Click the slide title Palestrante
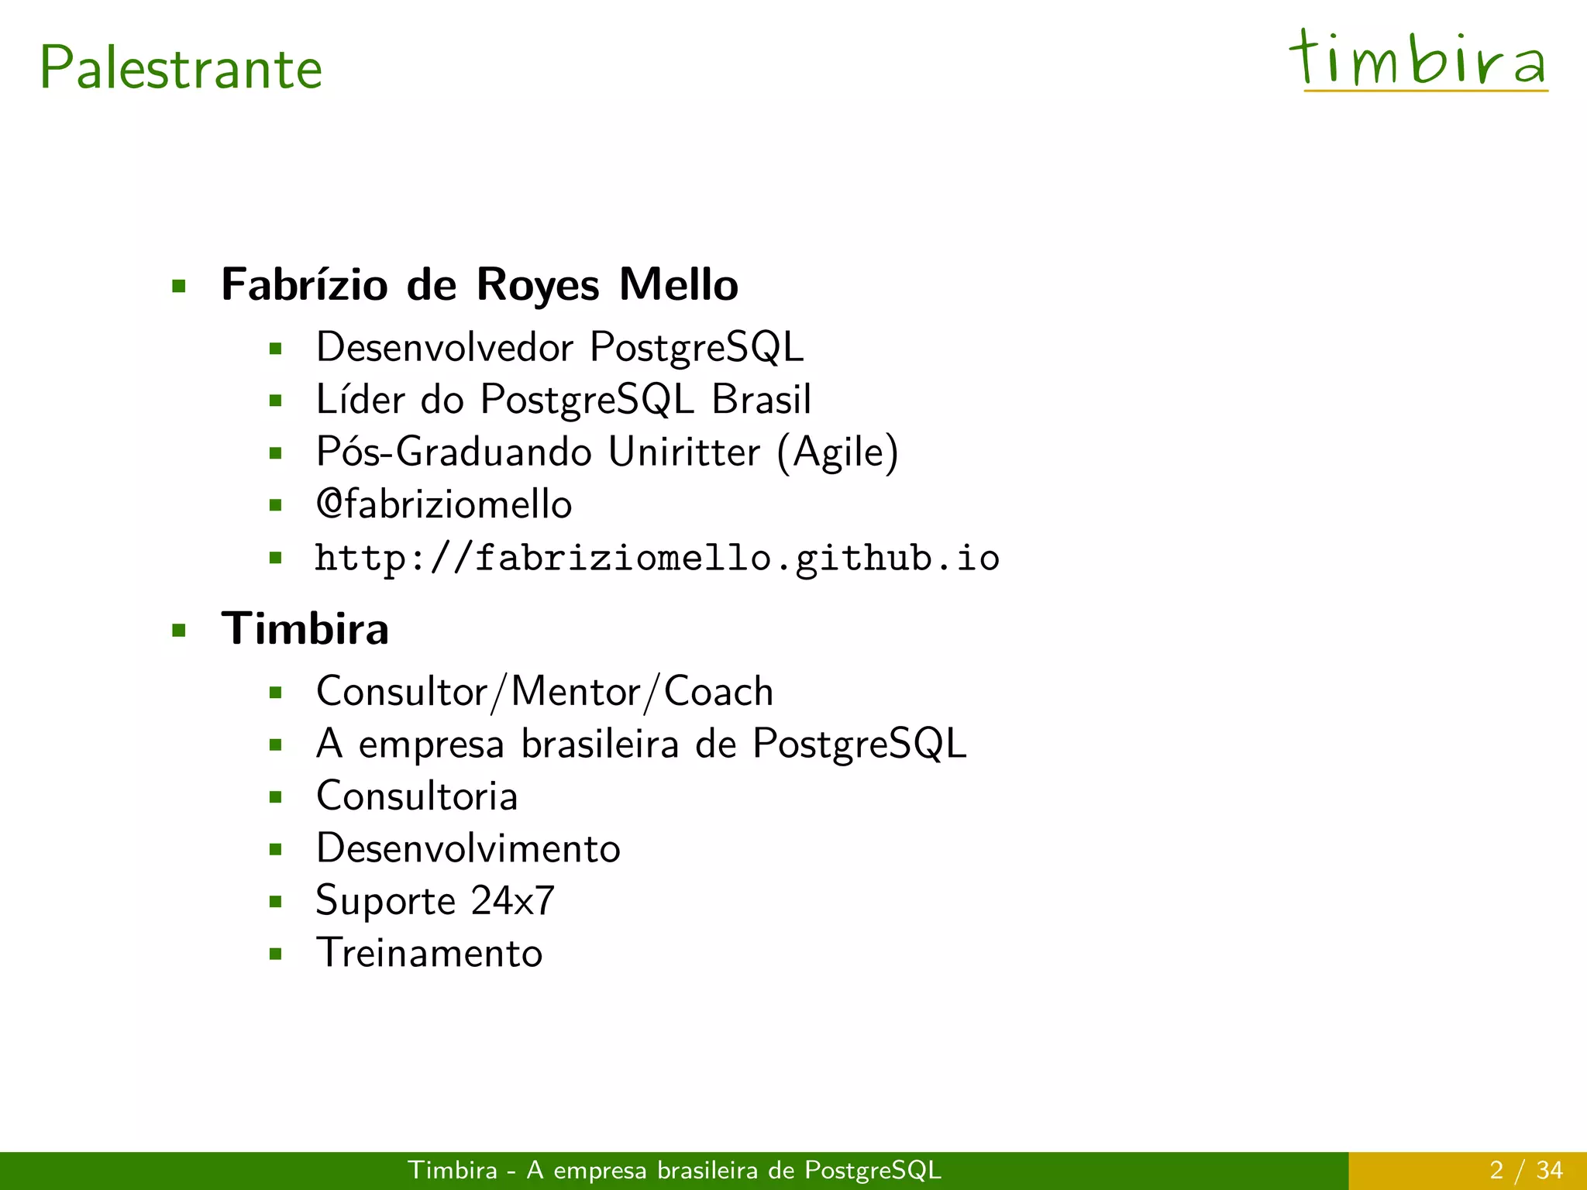tap(181, 68)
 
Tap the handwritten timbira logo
tap(1418, 60)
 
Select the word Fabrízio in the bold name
tap(305, 284)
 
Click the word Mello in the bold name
tap(678, 284)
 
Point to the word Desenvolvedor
tap(445, 346)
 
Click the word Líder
tap(360, 399)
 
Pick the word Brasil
tap(761, 399)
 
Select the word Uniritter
tap(683, 452)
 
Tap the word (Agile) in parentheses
tap(838, 453)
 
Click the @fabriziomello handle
tap(444, 504)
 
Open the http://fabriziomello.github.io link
tap(657, 559)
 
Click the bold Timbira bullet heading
tap(305, 628)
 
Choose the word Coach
tap(718, 691)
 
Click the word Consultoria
tap(417, 796)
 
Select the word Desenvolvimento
tap(468, 848)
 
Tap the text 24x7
tap(512, 900)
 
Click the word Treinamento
tap(429, 953)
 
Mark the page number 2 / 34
tap(1526, 1170)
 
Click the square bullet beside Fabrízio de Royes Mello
tap(180, 287)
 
